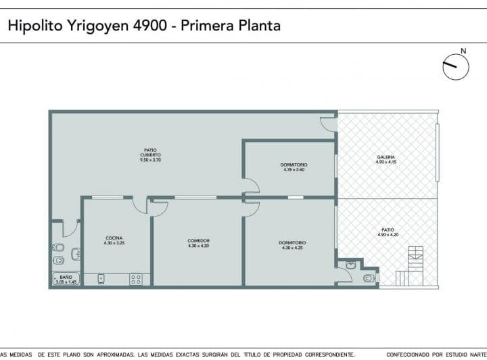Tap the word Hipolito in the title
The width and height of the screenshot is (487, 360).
pos(34,26)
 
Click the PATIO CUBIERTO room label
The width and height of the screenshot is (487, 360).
pos(150,155)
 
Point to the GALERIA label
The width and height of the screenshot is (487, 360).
pos(386,157)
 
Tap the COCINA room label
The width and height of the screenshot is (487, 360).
pos(114,237)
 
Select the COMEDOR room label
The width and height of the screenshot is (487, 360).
pos(198,240)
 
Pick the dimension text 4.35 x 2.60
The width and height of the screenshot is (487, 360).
pos(294,169)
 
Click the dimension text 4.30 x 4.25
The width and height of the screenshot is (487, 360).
pos(292,248)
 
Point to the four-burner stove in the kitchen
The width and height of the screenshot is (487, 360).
pos(136,278)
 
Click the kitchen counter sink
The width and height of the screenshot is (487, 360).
pos(101,278)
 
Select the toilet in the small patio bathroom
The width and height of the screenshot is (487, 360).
pos(369,277)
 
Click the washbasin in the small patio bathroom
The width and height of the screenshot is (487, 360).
pos(350,264)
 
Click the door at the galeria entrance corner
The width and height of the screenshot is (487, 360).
pos(328,123)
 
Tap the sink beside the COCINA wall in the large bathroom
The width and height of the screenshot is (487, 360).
pos(76,254)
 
